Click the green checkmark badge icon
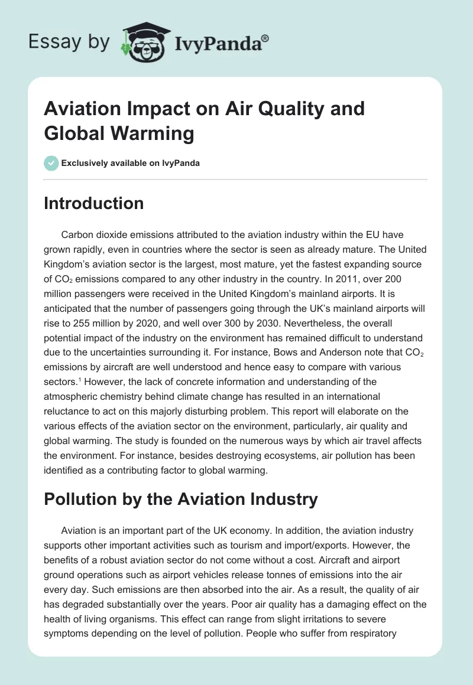51,163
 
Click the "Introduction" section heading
94,203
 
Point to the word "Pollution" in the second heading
80,499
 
